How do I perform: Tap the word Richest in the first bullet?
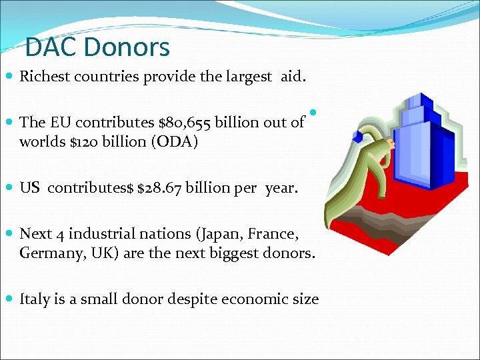pos(45,76)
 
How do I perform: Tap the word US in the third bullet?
pos(30,188)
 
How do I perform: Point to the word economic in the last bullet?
pos(254,299)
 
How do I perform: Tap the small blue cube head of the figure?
pos(358,137)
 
